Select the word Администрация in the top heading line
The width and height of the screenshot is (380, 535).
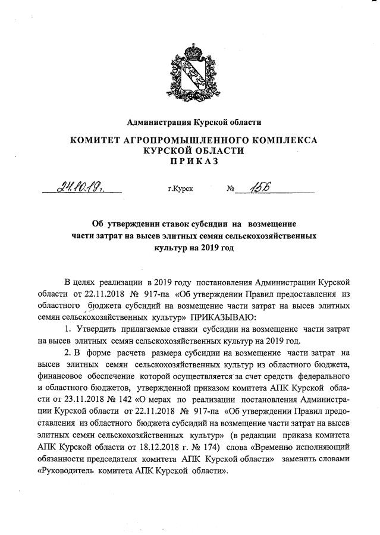pyautogui.click(x=157, y=122)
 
